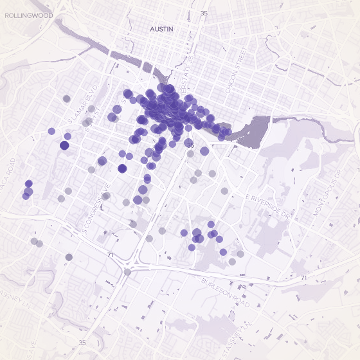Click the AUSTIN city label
point(162,30)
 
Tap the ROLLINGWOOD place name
point(23,15)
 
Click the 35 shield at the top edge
point(204,13)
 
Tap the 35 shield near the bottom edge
point(82,343)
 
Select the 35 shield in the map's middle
point(190,146)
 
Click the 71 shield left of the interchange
point(111,255)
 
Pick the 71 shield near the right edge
point(303,278)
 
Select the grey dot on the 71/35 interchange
point(127,272)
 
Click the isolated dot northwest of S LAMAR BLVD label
point(67,98)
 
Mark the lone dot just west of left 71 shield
point(69,257)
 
